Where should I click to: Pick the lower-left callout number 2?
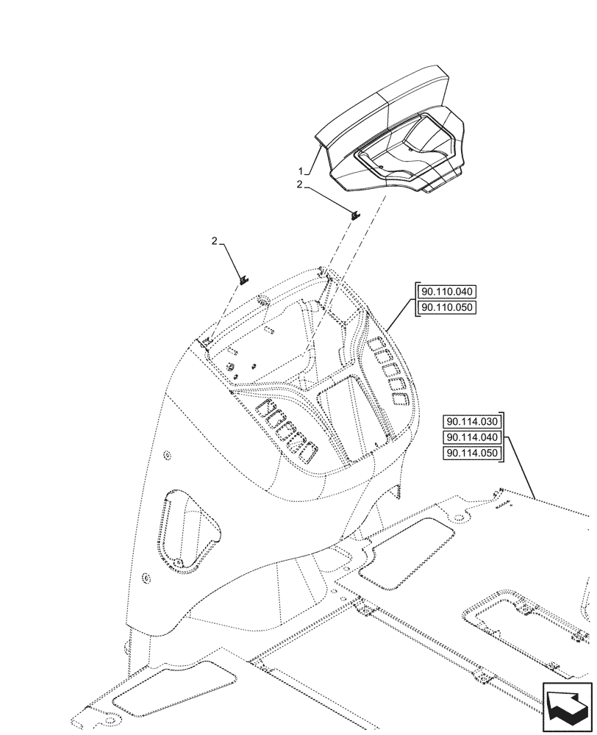pyautogui.click(x=214, y=241)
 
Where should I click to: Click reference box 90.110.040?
pyautogui.click(x=446, y=292)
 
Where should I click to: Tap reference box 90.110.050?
pyautogui.click(x=446, y=307)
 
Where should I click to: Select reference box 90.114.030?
pyautogui.click(x=471, y=422)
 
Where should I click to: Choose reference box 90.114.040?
pyautogui.click(x=471, y=437)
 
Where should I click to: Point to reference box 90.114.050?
pyautogui.click(x=471, y=453)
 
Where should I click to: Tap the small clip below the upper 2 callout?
pyautogui.click(x=354, y=215)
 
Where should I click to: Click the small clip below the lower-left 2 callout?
pyautogui.click(x=245, y=279)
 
